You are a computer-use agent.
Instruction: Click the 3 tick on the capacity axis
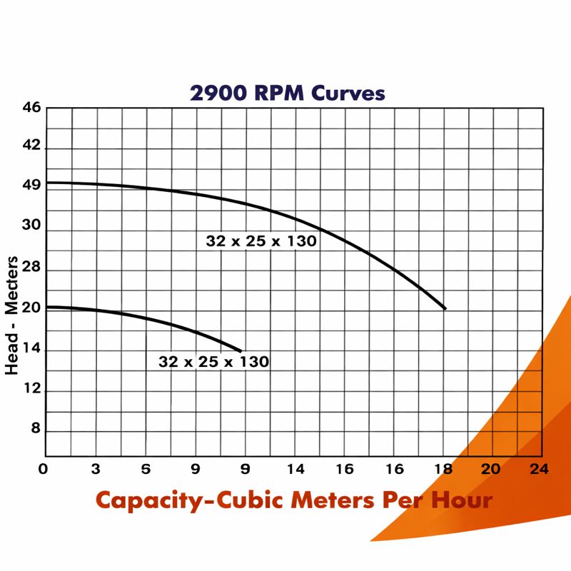coord(95,469)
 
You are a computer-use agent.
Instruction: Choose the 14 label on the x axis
coord(295,469)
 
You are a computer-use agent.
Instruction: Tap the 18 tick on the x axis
coord(444,469)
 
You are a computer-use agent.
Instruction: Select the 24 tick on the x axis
coord(539,469)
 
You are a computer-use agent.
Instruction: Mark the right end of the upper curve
coord(445,308)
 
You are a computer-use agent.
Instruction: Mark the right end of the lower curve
coord(241,350)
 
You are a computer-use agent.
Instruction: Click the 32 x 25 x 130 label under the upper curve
coord(261,241)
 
